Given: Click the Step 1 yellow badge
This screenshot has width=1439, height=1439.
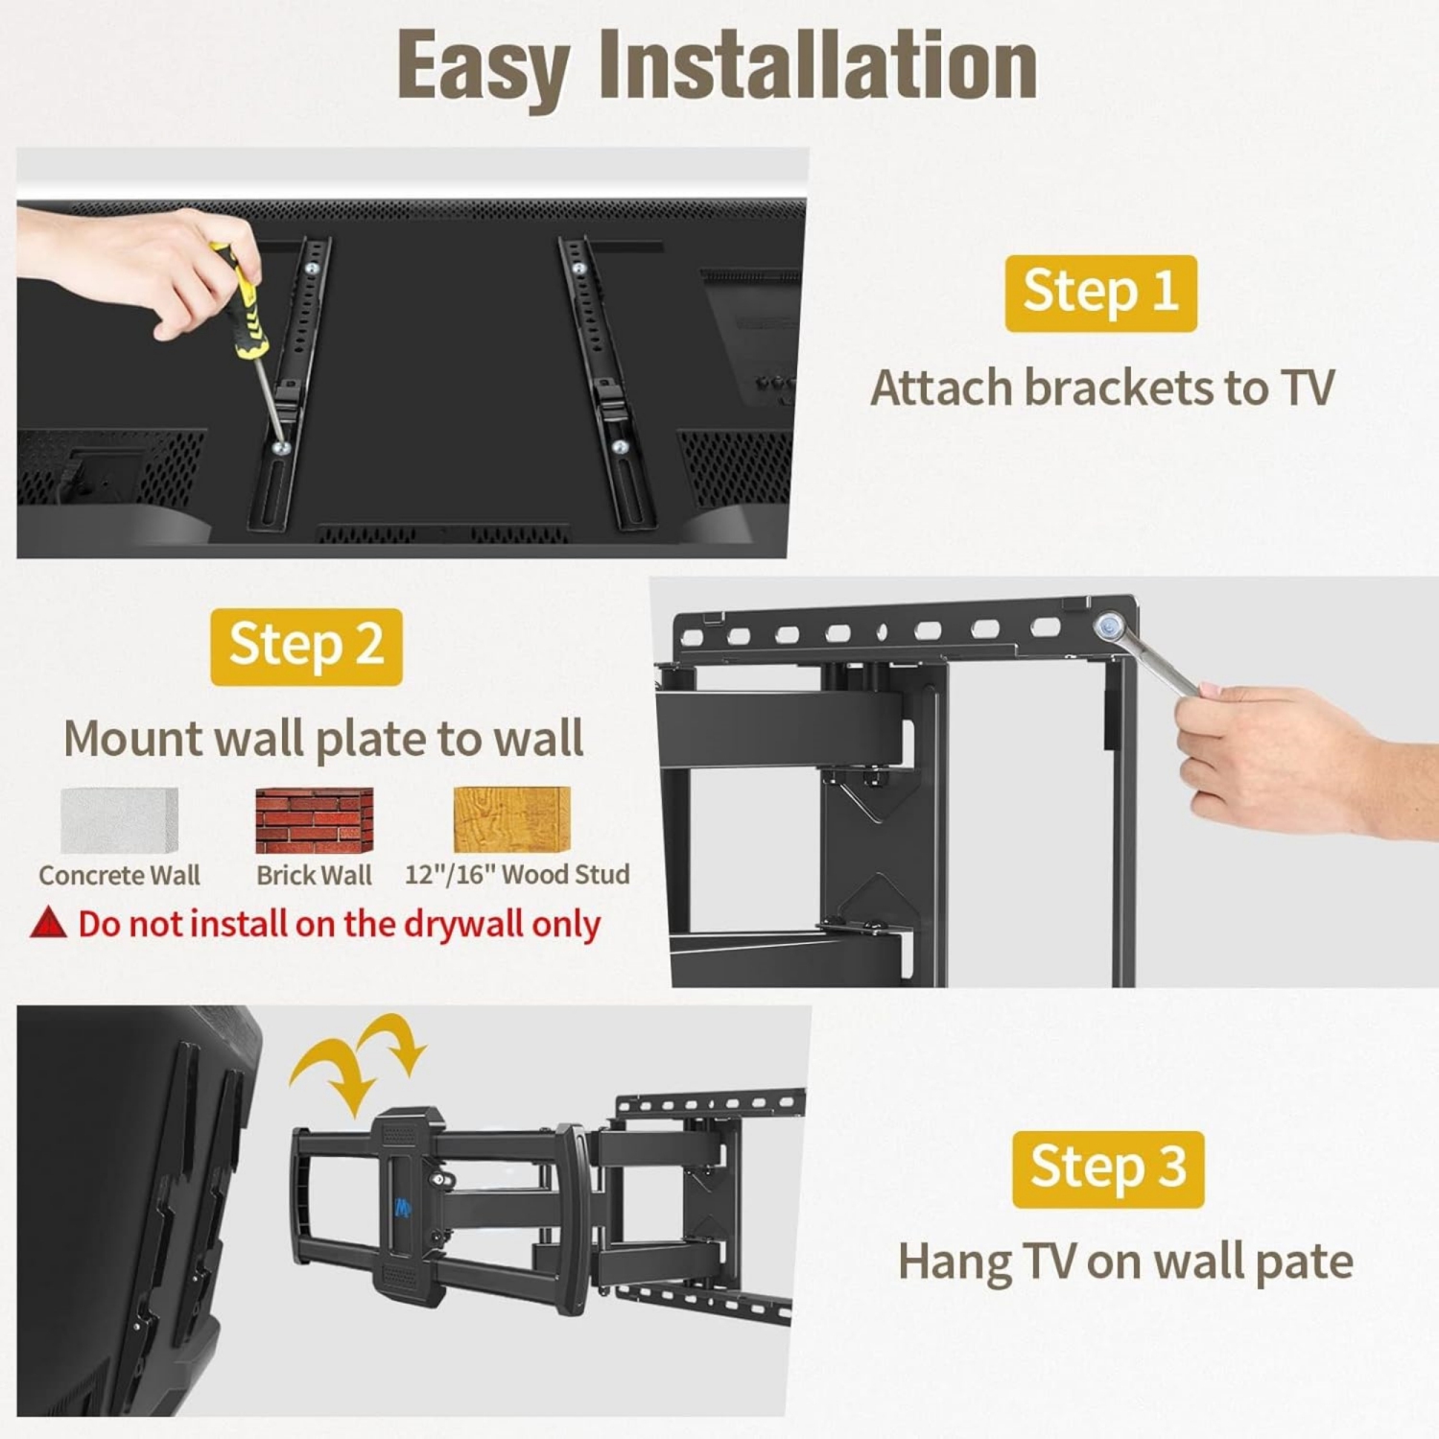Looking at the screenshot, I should (x=1100, y=293).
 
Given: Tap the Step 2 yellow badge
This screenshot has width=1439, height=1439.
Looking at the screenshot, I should (x=306, y=646).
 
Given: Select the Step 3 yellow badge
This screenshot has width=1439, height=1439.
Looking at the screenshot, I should (x=1108, y=1168).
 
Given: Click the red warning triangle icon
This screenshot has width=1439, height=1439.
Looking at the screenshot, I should (x=48, y=923).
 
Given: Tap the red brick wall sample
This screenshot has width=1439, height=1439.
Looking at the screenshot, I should (x=314, y=819).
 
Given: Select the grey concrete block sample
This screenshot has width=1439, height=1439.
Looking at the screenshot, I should (x=119, y=819).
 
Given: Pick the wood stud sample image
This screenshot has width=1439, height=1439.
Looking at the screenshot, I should (x=511, y=819).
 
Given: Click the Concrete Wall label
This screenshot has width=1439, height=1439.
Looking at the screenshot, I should (x=119, y=875).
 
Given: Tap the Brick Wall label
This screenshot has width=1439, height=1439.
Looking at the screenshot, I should (x=314, y=875).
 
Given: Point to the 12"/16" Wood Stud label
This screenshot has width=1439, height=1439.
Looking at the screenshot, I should (x=517, y=875).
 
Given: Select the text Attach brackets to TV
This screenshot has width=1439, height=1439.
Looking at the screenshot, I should (x=1101, y=388).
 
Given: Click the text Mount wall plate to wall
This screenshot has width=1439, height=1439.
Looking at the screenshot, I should (x=323, y=739).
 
